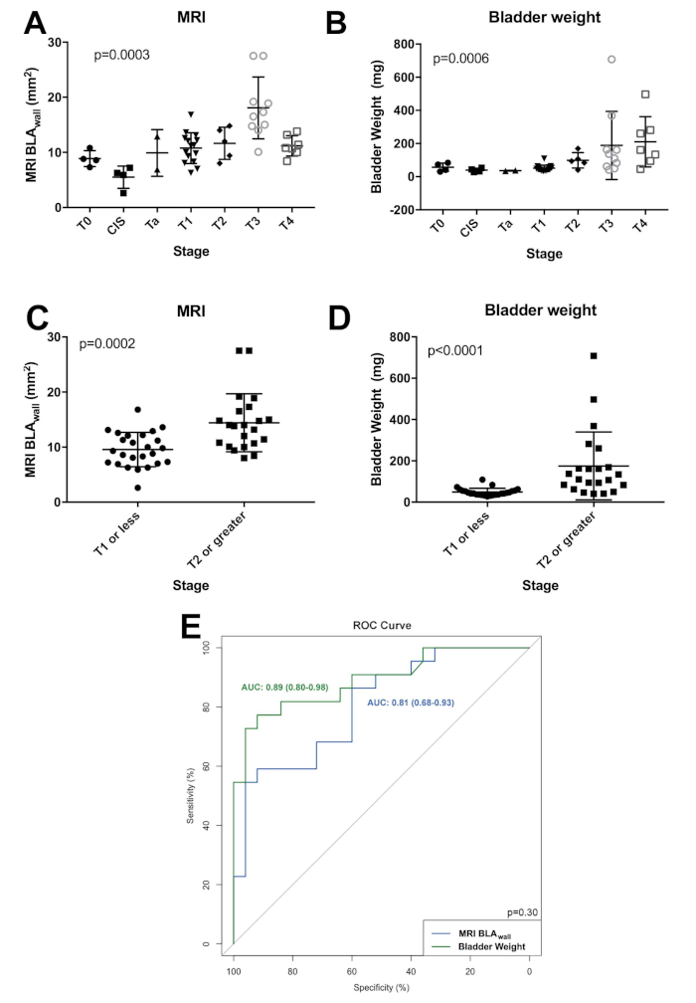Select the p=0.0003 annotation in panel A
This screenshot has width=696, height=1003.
(122, 56)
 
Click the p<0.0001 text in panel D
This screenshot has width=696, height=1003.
(460, 350)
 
